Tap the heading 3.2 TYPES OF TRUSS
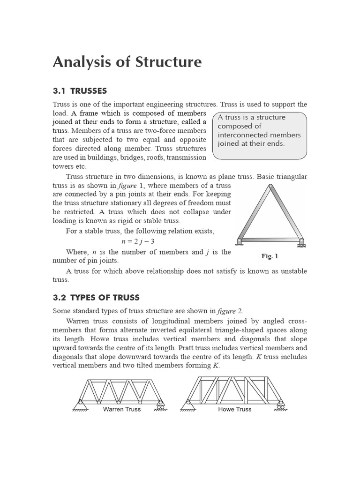[x=96, y=298]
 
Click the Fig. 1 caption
[x=270, y=256]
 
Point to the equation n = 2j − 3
[x=137, y=241]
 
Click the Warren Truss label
[x=122, y=409]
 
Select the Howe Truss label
[x=235, y=409]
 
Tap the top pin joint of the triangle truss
[x=270, y=187]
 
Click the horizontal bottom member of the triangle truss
[x=270, y=240]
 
